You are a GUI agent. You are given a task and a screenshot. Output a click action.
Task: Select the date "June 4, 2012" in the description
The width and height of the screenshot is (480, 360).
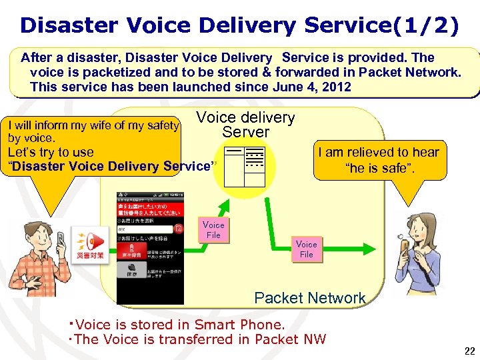(311, 87)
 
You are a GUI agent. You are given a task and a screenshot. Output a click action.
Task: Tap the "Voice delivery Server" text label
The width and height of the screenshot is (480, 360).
(245, 125)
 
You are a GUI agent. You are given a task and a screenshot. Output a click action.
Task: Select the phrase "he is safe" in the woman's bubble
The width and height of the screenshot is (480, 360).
(380, 167)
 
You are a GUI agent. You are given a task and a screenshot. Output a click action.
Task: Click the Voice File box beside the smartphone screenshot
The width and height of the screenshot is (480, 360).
(213, 230)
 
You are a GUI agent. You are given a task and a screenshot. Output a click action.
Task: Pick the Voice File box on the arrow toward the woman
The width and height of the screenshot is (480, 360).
(306, 249)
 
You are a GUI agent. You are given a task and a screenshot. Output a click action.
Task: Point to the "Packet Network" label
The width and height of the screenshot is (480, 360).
(310, 298)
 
